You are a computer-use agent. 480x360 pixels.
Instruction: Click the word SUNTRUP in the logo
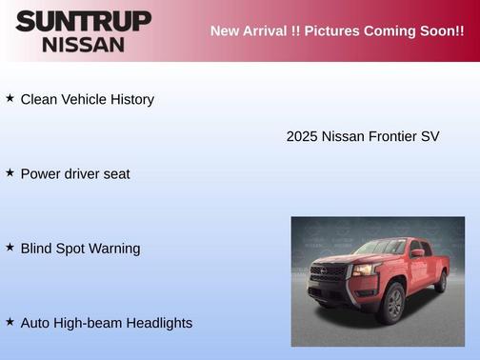coord(83,21)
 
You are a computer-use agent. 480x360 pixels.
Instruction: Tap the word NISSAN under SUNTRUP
coord(83,44)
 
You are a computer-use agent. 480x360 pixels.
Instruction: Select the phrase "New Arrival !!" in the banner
coord(251,31)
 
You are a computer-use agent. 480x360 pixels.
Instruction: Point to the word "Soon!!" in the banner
coord(440,31)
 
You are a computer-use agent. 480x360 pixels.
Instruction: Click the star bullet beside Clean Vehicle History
coord(10,98)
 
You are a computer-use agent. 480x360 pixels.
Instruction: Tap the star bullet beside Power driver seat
coord(10,172)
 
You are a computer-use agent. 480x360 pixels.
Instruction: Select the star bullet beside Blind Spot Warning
coord(10,247)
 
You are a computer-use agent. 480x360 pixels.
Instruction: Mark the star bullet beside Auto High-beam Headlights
coord(10,322)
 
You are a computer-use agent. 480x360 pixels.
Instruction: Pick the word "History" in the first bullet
coord(130,99)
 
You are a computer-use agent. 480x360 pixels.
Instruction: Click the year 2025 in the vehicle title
coord(302,136)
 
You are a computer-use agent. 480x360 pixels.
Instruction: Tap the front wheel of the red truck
coord(391,303)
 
